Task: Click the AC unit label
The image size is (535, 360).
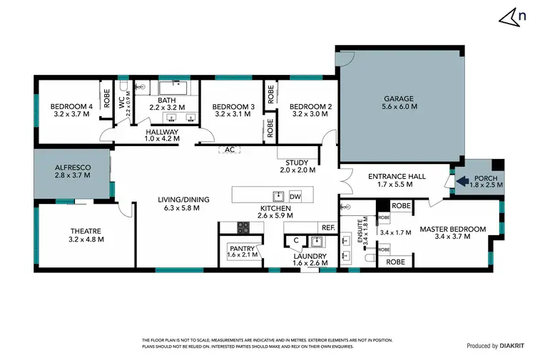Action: [x=230, y=150]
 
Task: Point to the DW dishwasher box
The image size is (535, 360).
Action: [x=296, y=196]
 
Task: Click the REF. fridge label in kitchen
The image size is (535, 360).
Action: [x=328, y=227]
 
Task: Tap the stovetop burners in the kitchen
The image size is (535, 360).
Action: [x=243, y=227]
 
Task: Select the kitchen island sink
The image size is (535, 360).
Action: [x=277, y=196]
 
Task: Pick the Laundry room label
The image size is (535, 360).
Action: [x=310, y=256]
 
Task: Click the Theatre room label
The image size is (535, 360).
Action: [x=86, y=231]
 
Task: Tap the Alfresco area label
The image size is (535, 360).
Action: [x=72, y=169]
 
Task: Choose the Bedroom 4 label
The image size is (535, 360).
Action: [x=71, y=107]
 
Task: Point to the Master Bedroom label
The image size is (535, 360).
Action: [x=452, y=229]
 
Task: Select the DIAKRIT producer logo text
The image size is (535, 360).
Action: [x=505, y=346]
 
